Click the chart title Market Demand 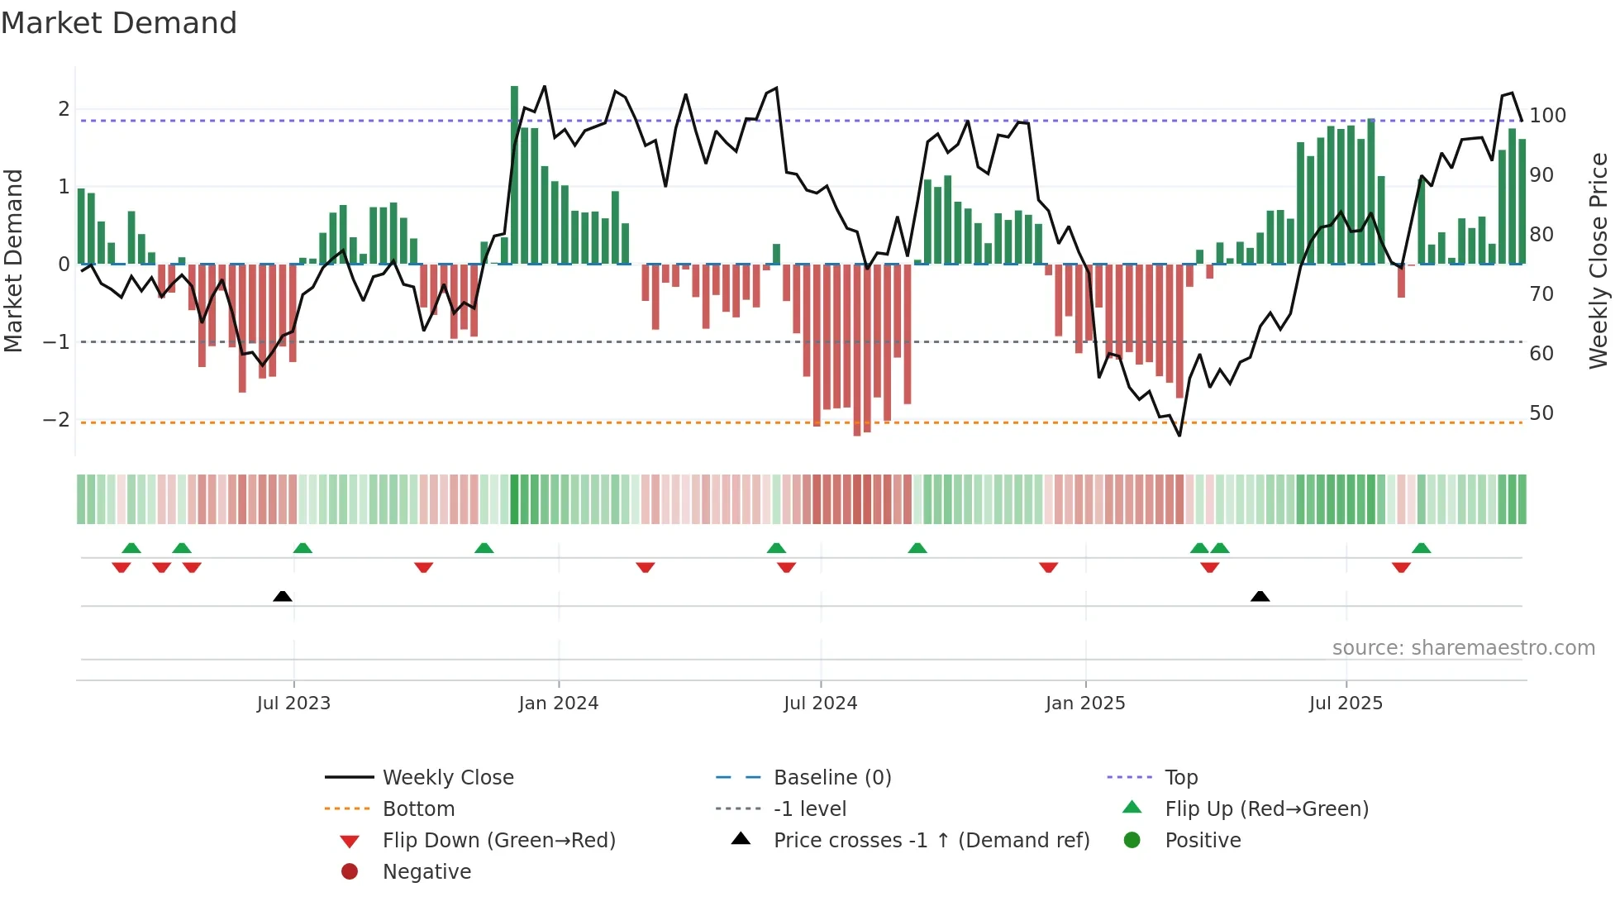coord(119,23)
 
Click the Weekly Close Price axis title coord(1599,260)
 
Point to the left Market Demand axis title coord(13,260)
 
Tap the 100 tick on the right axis coord(1547,116)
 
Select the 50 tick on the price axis coord(1541,413)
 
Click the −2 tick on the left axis coord(56,420)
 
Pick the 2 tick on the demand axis coord(64,109)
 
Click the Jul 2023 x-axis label coord(293,704)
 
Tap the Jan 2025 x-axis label coord(1084,704)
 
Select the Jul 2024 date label coord(820,704)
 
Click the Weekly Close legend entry coord(447,778)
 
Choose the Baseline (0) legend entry coord(831,778)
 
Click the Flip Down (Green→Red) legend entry coord(498,841)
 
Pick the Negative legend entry coord(426,872)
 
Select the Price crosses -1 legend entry coord(931,841)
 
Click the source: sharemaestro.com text coord(1463,648)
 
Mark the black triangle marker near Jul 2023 coord(283,596)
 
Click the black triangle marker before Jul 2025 coord(1260,596)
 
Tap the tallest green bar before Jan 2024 coord(514,174)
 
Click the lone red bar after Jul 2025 coord(1401,281)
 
